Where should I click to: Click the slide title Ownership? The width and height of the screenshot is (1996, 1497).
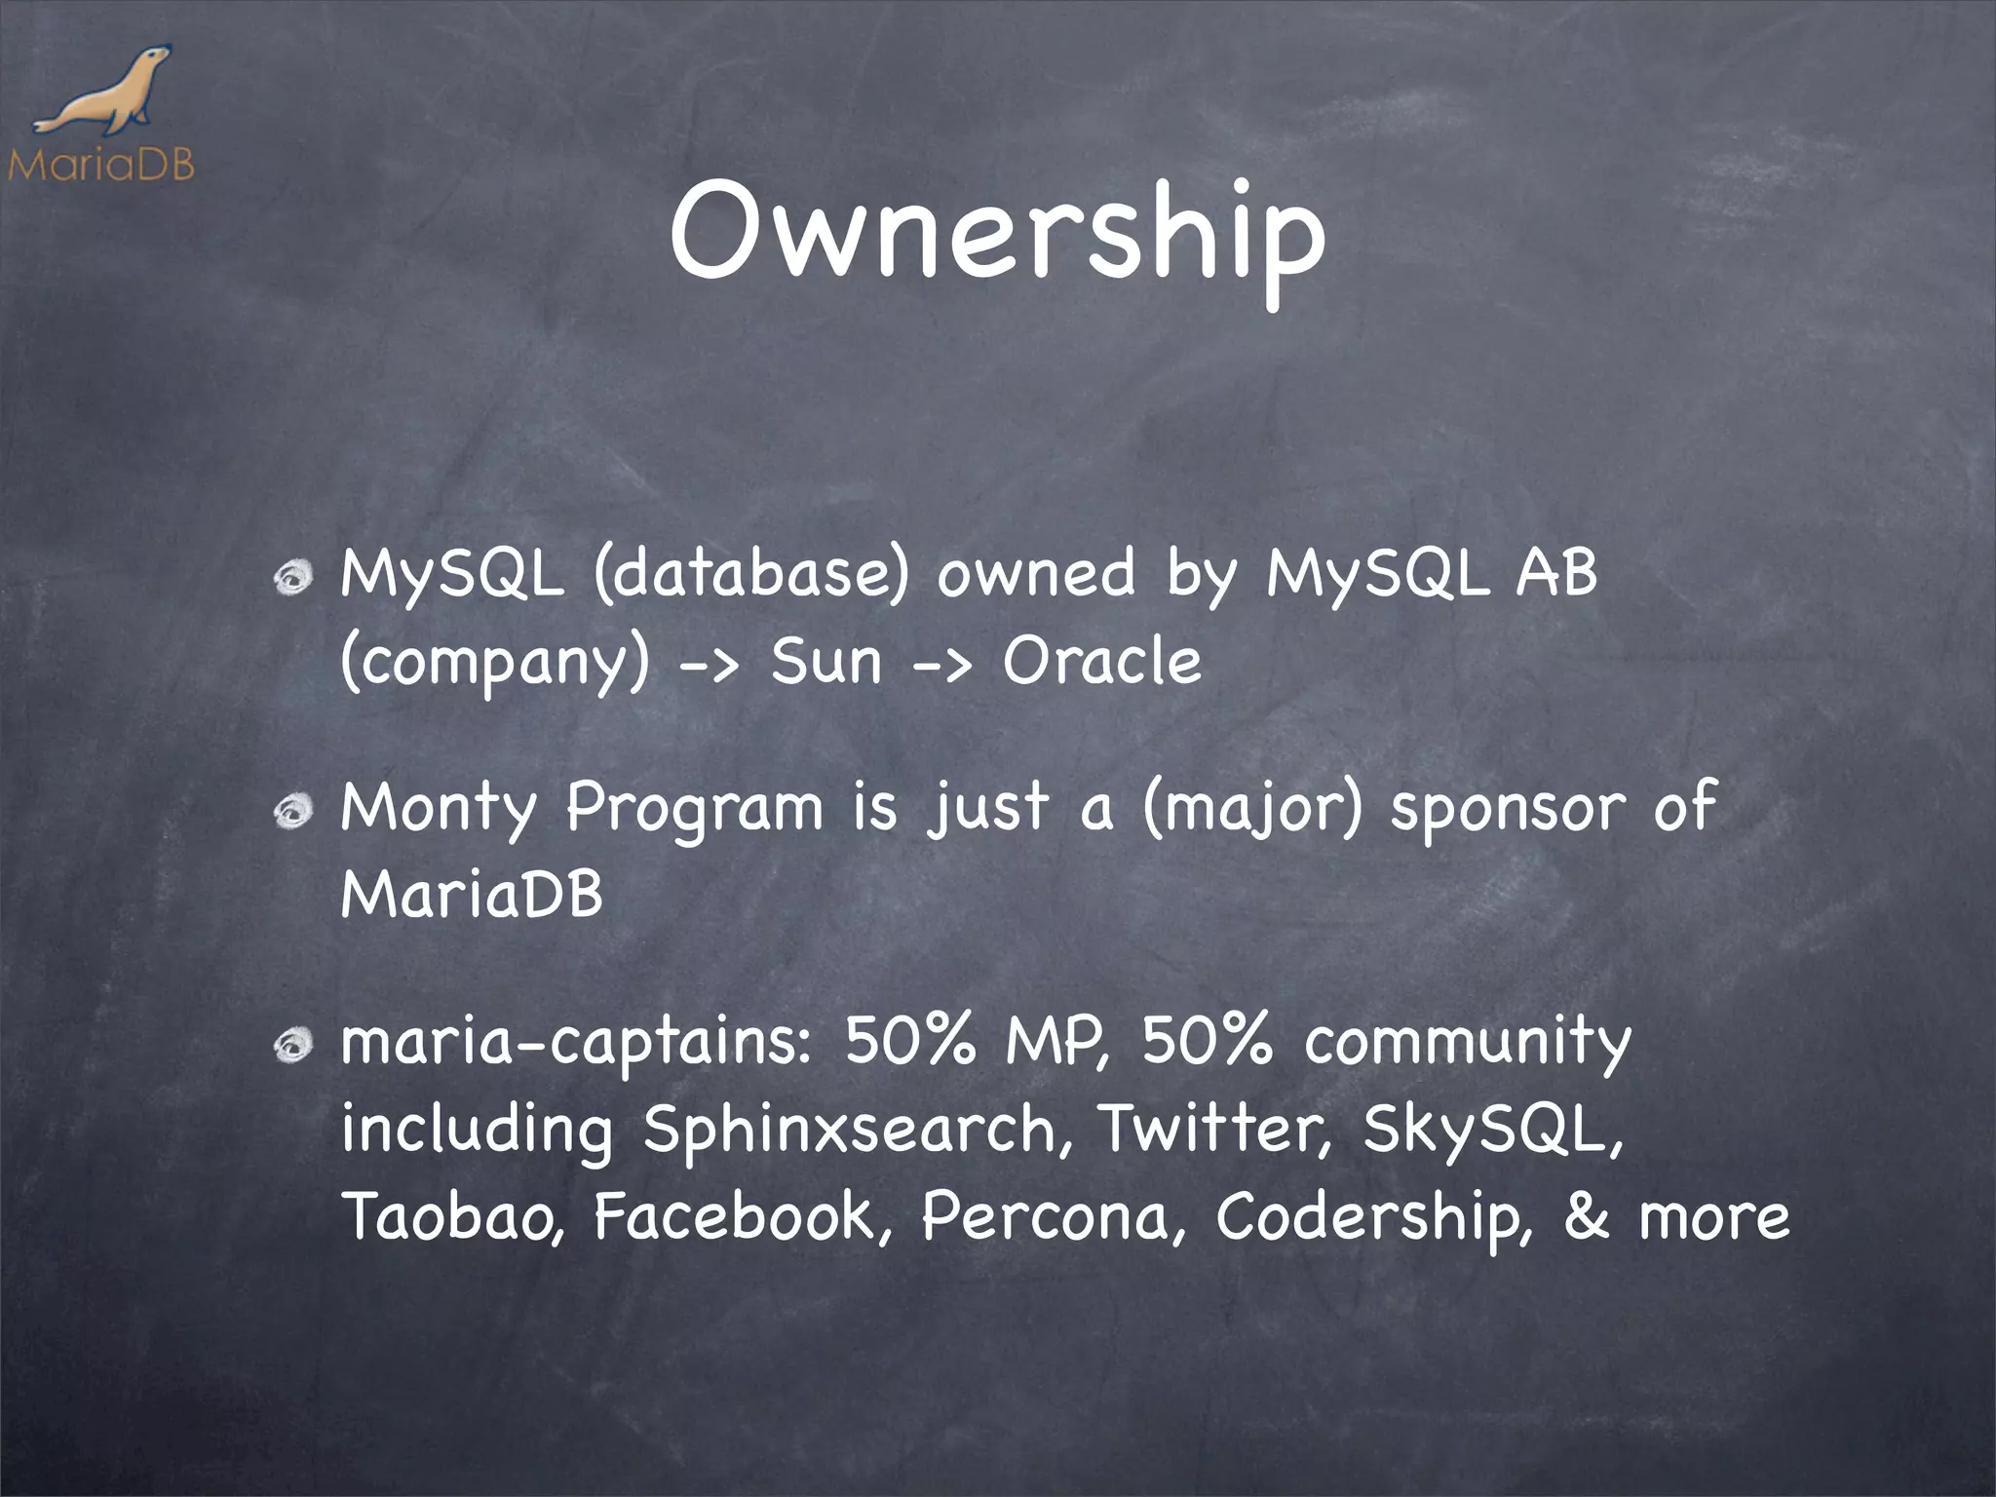(996, 234)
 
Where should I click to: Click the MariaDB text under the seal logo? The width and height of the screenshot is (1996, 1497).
(101, 164)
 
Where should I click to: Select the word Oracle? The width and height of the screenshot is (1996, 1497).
(1101, 662)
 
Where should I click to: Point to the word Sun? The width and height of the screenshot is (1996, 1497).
(826, 662)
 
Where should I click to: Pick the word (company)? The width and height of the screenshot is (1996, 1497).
(495, 664)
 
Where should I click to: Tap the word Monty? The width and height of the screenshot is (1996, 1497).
(439, 809)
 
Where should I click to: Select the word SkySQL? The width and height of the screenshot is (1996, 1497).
(1491, 1131)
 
